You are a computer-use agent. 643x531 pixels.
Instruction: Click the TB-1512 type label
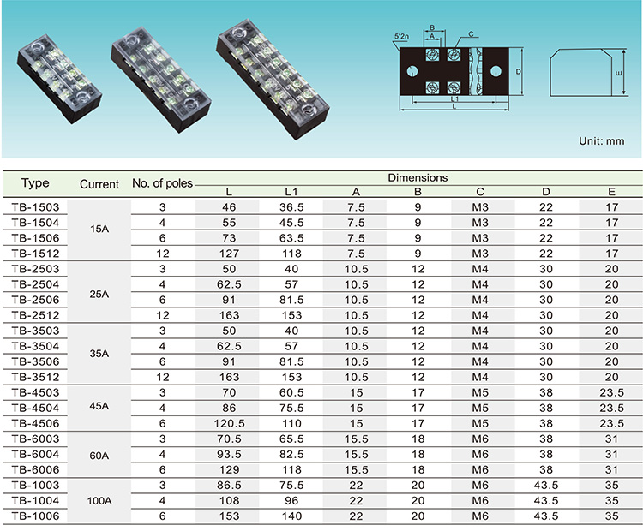(35, 254)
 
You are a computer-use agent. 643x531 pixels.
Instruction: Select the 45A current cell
(99, 406)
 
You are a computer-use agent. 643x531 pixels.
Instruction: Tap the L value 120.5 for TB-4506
(229, 423)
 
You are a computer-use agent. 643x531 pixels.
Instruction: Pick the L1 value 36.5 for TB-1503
(291, 207)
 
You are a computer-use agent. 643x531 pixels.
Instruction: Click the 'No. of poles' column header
(162, 183)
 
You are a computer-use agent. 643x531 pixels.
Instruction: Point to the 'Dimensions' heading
(418, 178)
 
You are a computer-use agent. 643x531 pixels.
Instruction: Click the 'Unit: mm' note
(602, 141)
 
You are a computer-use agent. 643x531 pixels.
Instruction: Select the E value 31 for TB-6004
(611, 455)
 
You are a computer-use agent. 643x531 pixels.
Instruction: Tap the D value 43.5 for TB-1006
(546, 516)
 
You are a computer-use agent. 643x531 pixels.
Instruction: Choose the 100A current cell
(99, 501)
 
